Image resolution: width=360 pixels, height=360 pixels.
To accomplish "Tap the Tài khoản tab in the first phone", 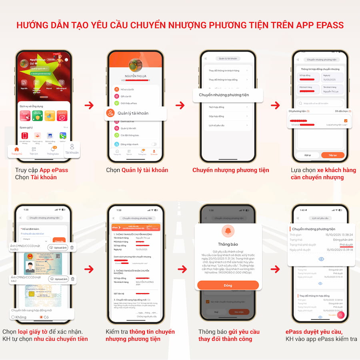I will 72,149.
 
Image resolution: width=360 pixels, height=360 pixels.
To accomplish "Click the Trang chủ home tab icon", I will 17,150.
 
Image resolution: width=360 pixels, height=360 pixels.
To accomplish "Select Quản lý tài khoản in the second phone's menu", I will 133,113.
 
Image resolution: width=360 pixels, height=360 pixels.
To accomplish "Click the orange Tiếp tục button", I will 332,155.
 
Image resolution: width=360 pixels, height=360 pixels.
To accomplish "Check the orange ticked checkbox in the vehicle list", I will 346,120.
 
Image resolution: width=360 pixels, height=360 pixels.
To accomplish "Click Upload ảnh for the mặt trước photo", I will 58,248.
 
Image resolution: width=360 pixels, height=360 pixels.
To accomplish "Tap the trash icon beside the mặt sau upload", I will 72,279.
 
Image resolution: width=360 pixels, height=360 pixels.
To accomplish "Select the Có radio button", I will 41,317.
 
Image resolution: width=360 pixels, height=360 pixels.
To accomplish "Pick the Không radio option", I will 13,317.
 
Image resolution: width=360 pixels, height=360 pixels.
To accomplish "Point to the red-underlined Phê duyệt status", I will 346,244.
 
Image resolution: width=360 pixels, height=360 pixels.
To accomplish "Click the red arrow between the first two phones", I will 89,105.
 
